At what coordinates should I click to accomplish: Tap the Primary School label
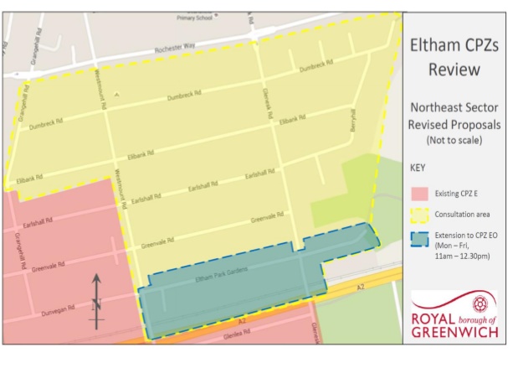pos(196,17)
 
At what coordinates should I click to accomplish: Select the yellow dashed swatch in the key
pos(418,215)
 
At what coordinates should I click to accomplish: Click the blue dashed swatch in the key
pos(418,239)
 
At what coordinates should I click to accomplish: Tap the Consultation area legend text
pos(464,215)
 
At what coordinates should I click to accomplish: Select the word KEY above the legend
pos(418,168)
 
